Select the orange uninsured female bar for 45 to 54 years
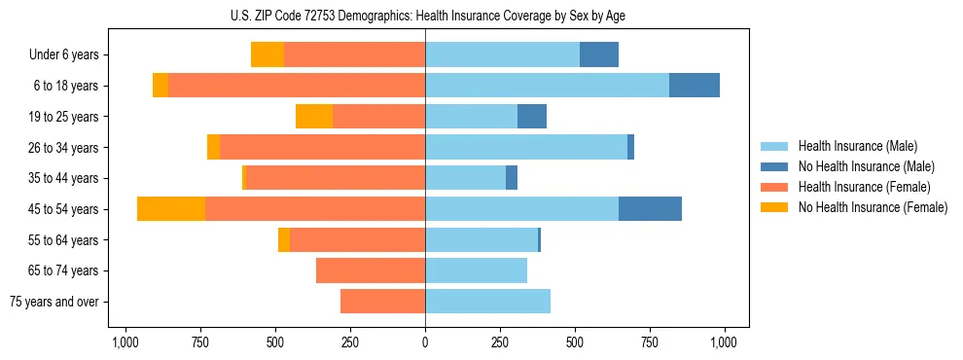(171, 209)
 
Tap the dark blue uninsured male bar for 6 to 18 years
(695, 86)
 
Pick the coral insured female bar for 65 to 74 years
(371, 270)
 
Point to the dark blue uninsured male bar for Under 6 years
(599, 55)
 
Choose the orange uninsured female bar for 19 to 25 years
(314, 117)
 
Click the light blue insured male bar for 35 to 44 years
(465, 178)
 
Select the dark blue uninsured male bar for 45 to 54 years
(650, 209)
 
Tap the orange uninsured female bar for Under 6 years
(267, 55)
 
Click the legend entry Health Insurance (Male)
(857, 146)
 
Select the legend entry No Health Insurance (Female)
(873, 207)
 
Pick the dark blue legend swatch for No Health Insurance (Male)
(775, 166)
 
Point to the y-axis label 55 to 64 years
(63, 240)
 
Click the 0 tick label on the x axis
(425, 342)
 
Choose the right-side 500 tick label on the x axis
(575, 342)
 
